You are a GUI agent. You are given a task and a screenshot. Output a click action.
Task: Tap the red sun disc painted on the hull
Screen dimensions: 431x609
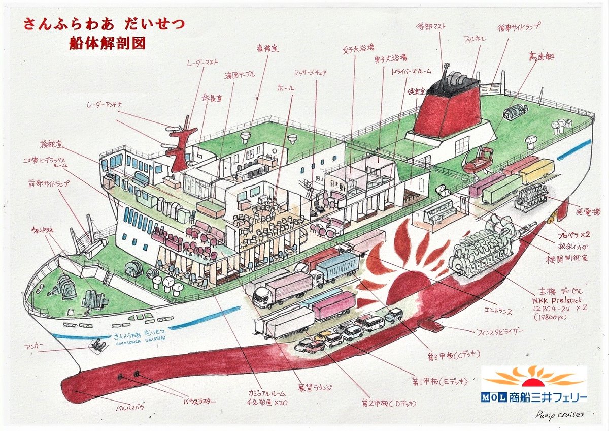[x=406, y=287]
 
